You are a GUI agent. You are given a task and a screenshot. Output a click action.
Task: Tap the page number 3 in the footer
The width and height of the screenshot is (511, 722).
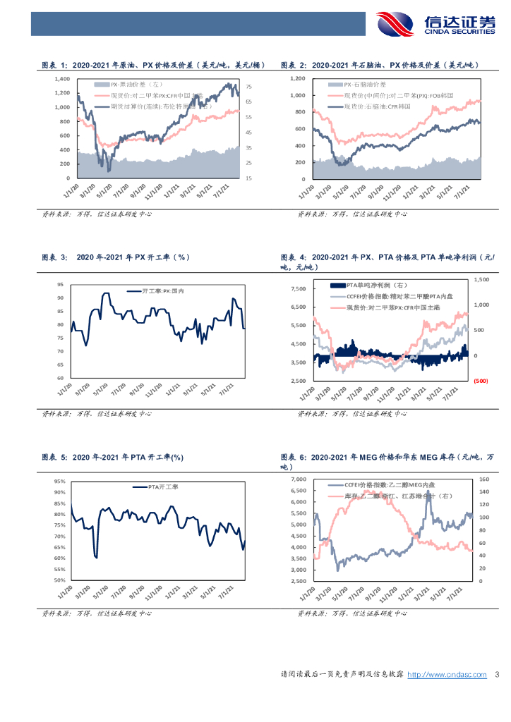coord(497,675)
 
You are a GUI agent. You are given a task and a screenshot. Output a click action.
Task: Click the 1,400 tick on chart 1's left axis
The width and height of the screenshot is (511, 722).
coord(61,79)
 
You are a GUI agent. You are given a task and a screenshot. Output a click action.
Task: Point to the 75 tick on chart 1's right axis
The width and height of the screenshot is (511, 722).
coord(248,87)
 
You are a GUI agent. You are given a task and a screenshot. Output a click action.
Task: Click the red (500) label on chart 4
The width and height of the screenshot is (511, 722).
coord(481,381)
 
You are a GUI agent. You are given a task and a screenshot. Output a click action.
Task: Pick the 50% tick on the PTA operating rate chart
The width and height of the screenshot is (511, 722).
coord(59,580)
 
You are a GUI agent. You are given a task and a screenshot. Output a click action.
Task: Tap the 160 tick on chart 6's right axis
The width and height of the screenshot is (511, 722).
coord(483,479)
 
